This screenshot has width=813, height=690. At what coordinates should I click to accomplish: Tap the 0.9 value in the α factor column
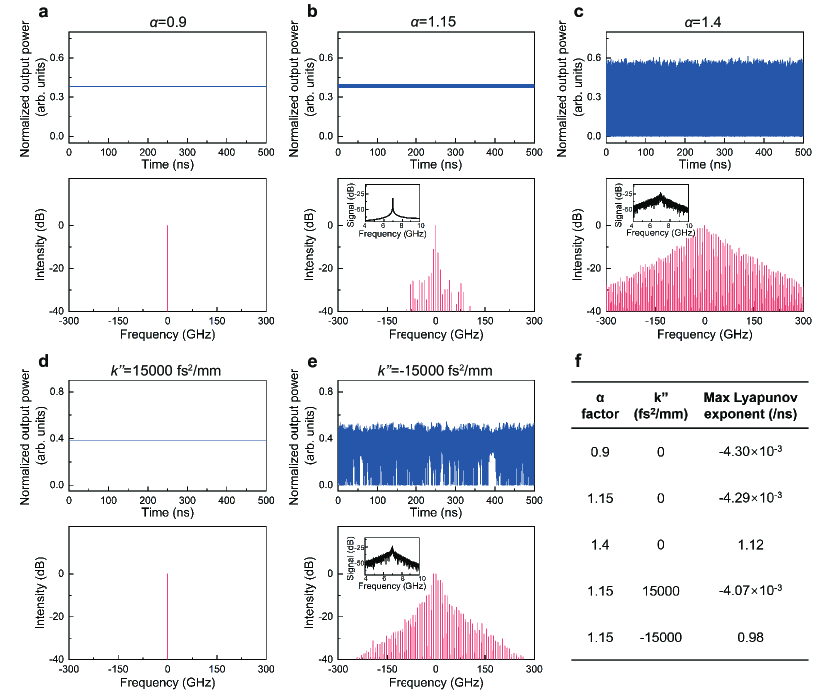click(x=596, y=451)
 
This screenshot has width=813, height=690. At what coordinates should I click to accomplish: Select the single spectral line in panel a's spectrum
click(x=167, y=268)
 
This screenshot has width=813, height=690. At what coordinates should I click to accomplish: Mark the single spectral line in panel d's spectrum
click(x=167, y=616)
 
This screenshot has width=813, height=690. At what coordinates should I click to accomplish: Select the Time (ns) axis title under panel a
click(x=167, y=164)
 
